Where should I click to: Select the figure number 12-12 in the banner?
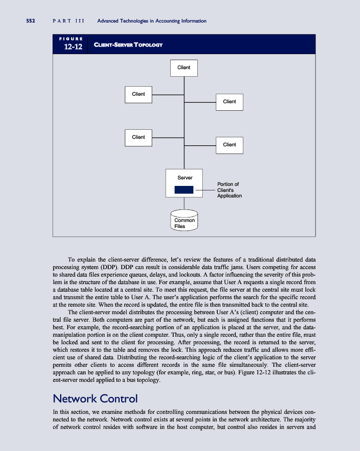tap(73, 47)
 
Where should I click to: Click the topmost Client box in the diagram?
tap(184, 68)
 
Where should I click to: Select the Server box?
tap(184, 184)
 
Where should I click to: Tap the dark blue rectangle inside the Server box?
tap(184, 190)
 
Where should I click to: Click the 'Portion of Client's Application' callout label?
tap(229, 190)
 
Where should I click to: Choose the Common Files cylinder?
tap(184, 221)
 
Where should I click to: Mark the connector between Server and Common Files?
tap(184, 204)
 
